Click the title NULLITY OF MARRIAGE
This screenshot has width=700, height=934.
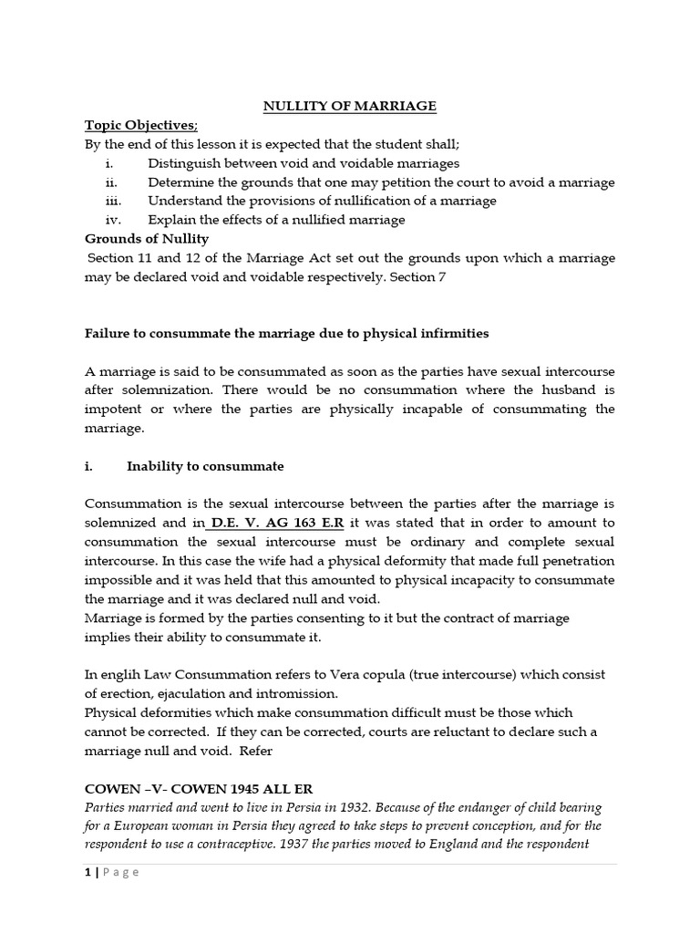(350, 107)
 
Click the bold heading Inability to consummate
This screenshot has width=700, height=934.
(205, 466)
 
